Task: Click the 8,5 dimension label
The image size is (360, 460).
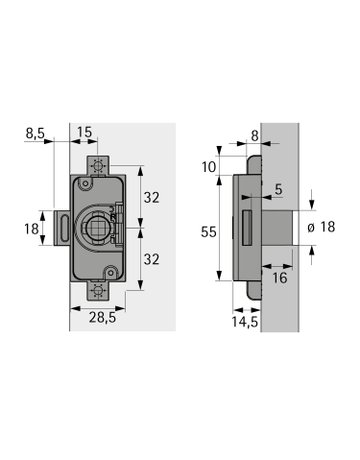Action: (35, 133)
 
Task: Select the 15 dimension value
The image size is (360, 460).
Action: (84, 132)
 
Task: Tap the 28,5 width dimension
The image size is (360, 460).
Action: (102, 318)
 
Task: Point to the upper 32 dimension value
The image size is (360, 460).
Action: (151, 198)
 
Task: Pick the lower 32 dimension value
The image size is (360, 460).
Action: (151, 259)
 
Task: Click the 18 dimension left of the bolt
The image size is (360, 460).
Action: (31, 229)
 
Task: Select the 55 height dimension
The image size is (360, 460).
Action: (209, 232)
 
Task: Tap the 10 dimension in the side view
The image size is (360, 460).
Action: (209, 167)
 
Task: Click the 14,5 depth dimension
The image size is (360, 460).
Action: (245, 322)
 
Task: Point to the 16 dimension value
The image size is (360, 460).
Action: (280, 278)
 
